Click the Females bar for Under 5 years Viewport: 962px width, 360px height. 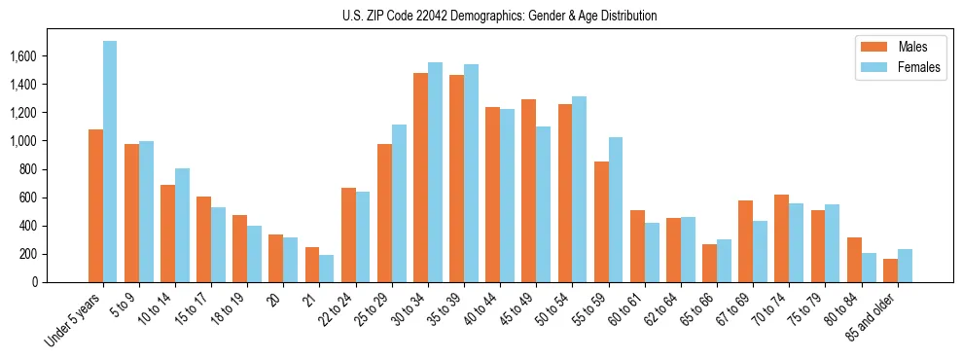click(x=110, y=162)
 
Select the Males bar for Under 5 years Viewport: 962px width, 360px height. click(x=95, y=205)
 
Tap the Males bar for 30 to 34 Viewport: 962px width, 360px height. click(x=420, y=177)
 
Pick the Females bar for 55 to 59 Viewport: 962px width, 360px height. click(x=615, y=209)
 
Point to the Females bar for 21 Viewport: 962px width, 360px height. click(x=326, y=269)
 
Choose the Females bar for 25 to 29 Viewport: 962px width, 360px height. click(x=399, y=203)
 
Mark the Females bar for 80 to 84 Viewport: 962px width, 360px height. click(x=869, y=268)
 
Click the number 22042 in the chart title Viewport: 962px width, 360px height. click(x=443, y=16)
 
